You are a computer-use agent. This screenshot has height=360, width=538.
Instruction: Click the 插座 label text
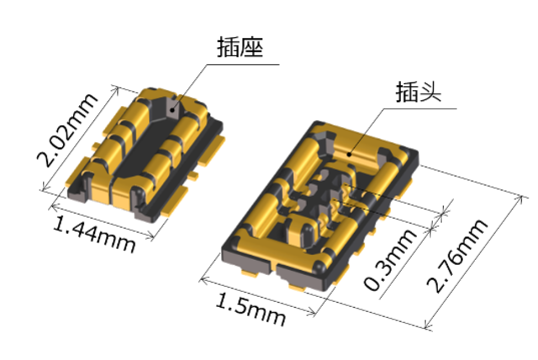(x=240, y=47)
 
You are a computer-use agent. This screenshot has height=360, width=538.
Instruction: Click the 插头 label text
(x=418, y=91)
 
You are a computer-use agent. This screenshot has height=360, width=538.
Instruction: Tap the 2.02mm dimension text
(x=68, y=130)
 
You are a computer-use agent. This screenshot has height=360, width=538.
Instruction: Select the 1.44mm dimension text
(x=94, y=234)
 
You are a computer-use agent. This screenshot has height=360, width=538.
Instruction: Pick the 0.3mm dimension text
(x=390, y=260)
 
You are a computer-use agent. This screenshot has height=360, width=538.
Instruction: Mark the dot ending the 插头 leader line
(x=349, y=154)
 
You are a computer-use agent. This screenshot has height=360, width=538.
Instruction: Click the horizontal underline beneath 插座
(x=243, y=64)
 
